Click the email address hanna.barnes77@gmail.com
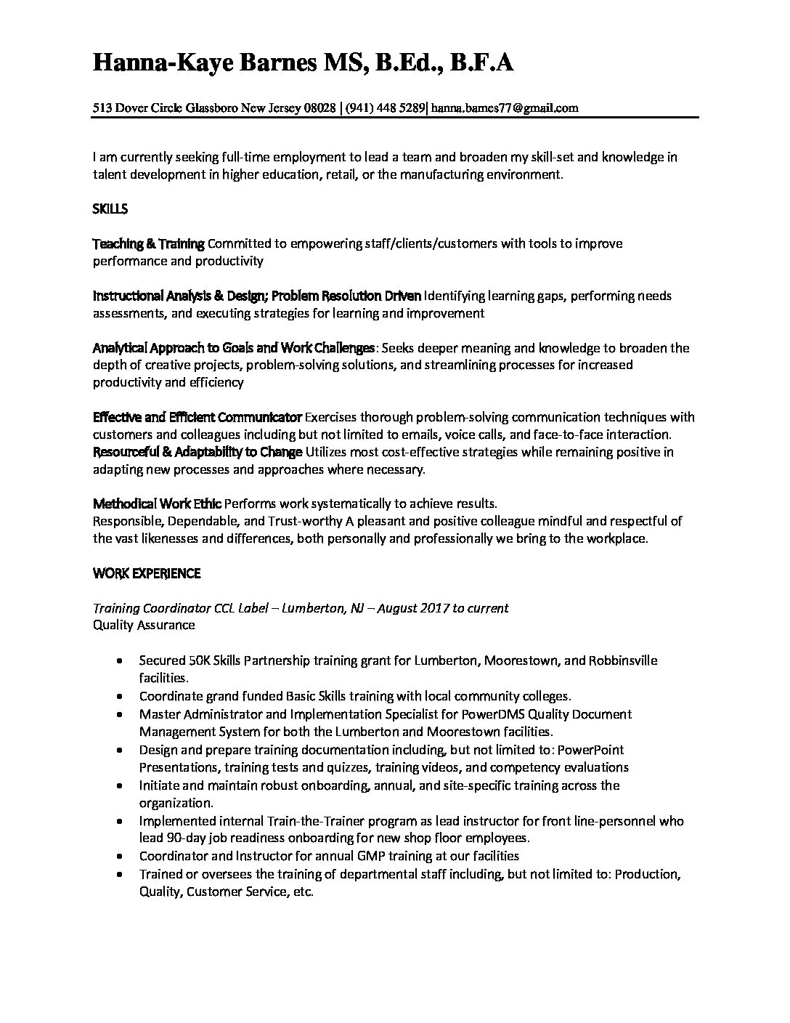pos(505,108)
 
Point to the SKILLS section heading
pos(110,209)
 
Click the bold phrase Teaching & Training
pos(149,243)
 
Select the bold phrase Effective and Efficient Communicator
pos(197,417)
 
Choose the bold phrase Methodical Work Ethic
pos(157,504)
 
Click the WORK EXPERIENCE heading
pos(147,573)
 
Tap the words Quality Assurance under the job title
pos(144,625)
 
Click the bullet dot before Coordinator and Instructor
pos(119,857)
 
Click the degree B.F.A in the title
pos(481,63)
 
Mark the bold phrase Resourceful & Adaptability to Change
pos(197,452)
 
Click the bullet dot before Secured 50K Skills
pos(119,661)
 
